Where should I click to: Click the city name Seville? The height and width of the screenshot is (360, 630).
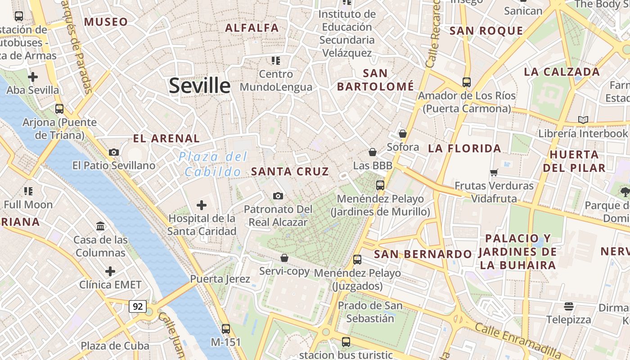[x=199, y=85]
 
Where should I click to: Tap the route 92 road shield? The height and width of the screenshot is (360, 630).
[x=138, y=306]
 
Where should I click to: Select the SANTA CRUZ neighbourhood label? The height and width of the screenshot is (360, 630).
[x=290, y=171]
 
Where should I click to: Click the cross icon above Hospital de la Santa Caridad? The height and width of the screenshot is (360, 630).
[x=202, y=206]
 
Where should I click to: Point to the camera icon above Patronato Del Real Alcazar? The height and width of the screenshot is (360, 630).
[x=278, y=196]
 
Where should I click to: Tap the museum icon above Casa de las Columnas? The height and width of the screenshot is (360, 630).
[x=101, y=226]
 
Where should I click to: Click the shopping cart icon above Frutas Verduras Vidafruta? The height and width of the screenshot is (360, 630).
[x=494, y=172]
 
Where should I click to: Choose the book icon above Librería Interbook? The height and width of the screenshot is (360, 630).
[x=583, y=120]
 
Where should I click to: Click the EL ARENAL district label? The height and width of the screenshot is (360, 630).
[x=166, y=139]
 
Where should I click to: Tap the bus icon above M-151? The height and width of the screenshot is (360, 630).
[x=226, y=328]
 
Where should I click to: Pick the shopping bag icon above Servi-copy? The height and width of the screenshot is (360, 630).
[x=284, y=258]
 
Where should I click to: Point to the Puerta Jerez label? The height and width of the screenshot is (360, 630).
[x=220, y=279]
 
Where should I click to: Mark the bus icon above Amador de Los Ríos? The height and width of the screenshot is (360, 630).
[x=466, y=82]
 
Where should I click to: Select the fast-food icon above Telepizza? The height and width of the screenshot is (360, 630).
[x=569, y=306]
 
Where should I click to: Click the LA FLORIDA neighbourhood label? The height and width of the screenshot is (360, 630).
[x=464, y=148]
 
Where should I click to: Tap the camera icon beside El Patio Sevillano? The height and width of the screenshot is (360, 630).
[x=114, y=152]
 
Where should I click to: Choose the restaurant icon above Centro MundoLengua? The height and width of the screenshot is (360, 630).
[x=276, y=60]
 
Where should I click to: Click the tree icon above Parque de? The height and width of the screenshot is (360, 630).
[x=625, y=192]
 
